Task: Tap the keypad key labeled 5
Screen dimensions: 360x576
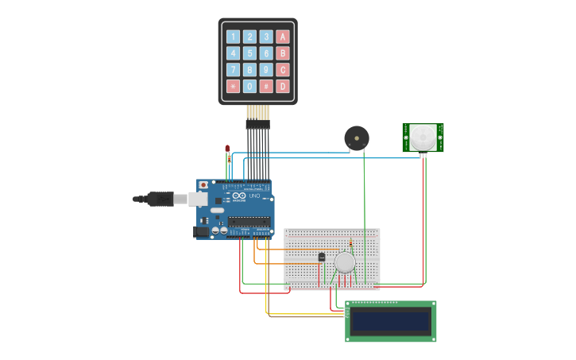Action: point(249,53)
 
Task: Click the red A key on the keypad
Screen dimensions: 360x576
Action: point(282,37)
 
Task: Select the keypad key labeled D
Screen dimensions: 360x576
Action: point(282,86)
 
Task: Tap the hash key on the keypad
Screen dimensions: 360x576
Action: point(266,86)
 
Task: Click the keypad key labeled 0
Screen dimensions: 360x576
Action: point(249,86)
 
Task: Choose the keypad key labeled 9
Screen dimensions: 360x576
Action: point(266,70)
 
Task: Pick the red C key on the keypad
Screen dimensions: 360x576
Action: point(282,70)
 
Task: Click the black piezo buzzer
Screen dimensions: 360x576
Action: point(357,138)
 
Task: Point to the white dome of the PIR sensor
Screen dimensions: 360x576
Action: point(423,137)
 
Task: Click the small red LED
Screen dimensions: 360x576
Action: point(227,149)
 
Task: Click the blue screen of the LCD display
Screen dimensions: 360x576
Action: point(390,321)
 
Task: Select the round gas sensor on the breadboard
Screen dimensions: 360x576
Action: point(345,262)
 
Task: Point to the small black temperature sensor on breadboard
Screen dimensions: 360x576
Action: point(321,257)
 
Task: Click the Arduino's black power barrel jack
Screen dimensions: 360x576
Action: point(202,231)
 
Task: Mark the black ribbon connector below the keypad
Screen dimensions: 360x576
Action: point(257,124)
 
